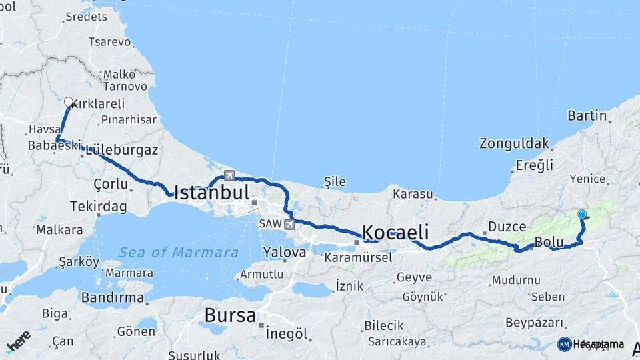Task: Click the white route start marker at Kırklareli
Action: pos(68,102)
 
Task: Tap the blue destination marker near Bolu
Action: pos(582,215)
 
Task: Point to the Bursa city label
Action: pos(230,315)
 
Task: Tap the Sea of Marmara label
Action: pos(179,253)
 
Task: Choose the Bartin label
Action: pos(587,115)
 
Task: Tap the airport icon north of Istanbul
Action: pos(229,175)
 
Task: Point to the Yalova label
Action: pos(285,253)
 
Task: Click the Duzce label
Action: pos(507,227)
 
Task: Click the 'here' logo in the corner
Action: pos(18,341)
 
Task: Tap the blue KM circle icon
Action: pos(564,344)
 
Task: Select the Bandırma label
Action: pos(112,297)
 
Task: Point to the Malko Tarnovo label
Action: pos(125,80)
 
